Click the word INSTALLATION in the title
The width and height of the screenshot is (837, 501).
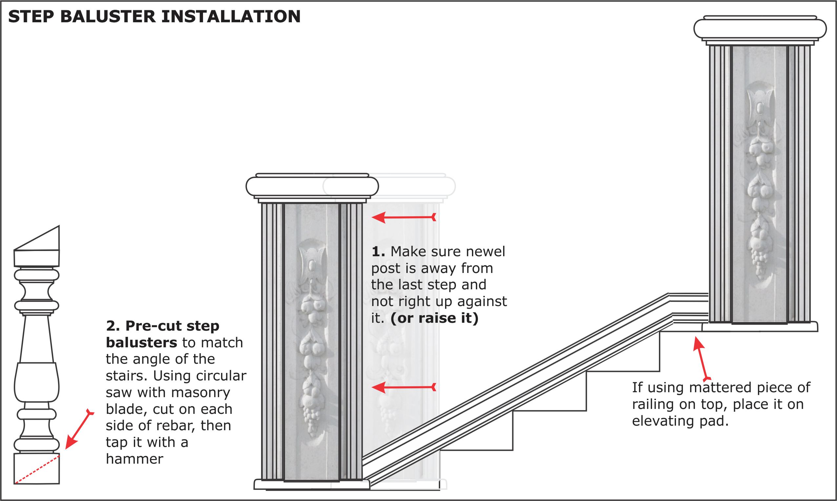pos(232,16)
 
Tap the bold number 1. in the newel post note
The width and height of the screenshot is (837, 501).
pos(378,252)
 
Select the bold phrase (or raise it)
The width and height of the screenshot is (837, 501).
pos(434,318)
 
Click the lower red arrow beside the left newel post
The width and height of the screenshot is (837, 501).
pos(404,388)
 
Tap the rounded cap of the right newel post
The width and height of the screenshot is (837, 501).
pos(760,29)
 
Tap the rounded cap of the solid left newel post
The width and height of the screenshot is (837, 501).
pos(312,186)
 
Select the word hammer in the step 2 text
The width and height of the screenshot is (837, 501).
pos(134,459)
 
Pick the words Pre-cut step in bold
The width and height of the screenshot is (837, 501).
pos(172,326)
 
